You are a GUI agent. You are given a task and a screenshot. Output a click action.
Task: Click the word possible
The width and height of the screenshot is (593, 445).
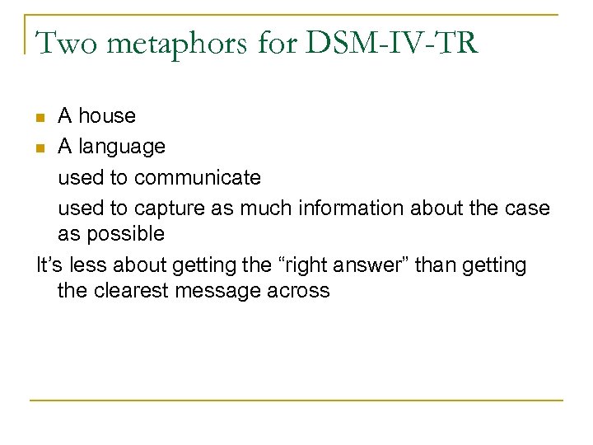click(x=124, y=235)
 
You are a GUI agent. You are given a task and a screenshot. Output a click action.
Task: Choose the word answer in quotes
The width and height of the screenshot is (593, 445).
click(x=362, y=265)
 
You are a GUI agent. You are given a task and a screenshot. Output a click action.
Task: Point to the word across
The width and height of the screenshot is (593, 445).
click(x=301, y=291)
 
